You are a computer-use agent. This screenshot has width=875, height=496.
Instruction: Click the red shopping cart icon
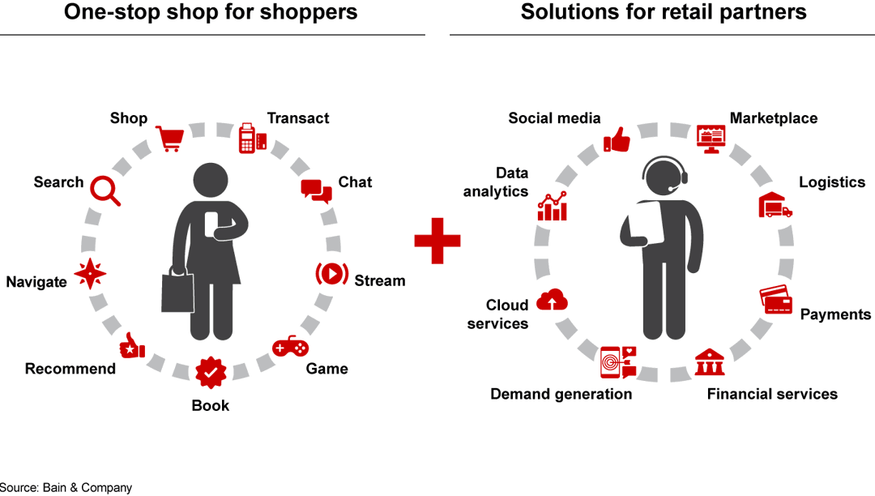[x=170, y=139]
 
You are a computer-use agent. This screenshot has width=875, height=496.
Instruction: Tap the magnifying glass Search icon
[x=105, y=190]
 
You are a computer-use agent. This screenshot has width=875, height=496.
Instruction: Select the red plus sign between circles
[x=437, y=240]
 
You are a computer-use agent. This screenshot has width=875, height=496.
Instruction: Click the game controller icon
[x=290, y=347]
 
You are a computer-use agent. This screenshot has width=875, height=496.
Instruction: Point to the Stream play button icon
[x=331, y=274]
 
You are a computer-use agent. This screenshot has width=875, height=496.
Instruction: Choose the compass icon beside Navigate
[x=90, y=275]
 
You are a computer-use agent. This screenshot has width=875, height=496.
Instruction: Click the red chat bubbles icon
[x=317, y=190]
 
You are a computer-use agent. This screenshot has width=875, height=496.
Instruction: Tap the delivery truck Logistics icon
[x=775, y=206]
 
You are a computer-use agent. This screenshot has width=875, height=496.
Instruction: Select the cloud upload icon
[x=553, y=301]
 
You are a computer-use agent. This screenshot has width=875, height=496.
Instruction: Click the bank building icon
[x=710, y=362]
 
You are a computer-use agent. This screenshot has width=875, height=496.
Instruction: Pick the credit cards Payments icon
[x=776, y=301]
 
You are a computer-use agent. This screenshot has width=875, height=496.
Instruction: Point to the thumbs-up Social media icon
[x=617, y=140]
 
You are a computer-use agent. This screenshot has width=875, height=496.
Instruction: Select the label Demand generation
[x=561, y=394]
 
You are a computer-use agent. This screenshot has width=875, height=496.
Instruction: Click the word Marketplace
[x=774, y=118]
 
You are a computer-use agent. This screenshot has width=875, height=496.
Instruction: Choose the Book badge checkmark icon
[x=211, y=372]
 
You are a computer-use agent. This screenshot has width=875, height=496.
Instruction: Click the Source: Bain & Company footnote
[x=66, y=488]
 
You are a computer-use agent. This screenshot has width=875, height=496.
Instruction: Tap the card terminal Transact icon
[x=252, y=139]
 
